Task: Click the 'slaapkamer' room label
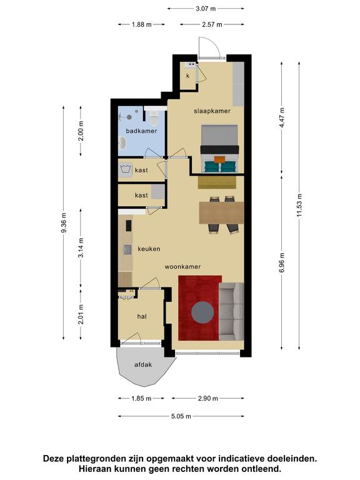pos(212,111)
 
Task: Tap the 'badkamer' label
pos(141,131)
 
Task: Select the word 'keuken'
pos(149,249)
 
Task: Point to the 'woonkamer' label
pos(182,266)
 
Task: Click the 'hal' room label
pos(142,316)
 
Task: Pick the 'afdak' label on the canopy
pos(143,364)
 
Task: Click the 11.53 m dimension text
pos(299,205)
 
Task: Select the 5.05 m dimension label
pos(181,416)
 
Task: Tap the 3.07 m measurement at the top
pos(206,9)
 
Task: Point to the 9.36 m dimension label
pos(64,223)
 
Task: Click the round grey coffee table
pos(202,312)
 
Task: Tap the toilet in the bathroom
pos(154,117)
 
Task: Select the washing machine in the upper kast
pos(126,169)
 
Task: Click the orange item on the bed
pos(219,159)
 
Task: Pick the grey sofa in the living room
pos(231,311)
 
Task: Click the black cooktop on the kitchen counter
pos(129,226)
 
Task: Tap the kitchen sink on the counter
pos(127,249)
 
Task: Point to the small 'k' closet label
pos(187,75)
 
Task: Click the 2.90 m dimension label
pos(208,398)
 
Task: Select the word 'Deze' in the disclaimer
pos(54,459)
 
